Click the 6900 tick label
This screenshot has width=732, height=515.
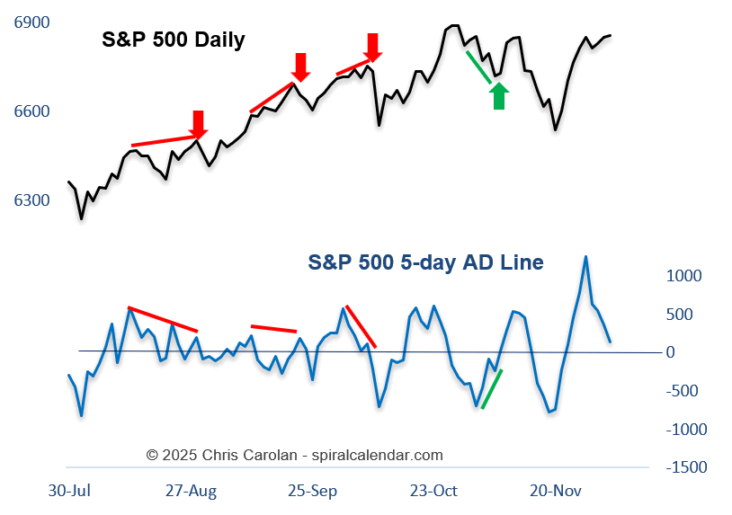coord(31,22)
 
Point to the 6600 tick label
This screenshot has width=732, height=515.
coord(31,111)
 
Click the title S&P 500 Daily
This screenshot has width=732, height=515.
coord(173,40)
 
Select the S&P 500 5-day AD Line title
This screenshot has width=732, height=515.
coord(425,262)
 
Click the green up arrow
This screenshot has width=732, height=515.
coord(500,95)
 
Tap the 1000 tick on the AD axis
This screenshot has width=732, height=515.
coord(683,277)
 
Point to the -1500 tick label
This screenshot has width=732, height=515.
coord(685,467)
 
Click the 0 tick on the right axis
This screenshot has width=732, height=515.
coord(670,352)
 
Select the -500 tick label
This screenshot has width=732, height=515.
coord(685,391)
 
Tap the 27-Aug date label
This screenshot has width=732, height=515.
coord(191,491)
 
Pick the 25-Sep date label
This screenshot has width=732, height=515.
coord(312,491)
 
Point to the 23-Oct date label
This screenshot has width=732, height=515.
coord(433,491)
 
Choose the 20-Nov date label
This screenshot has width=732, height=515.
coord(554,491)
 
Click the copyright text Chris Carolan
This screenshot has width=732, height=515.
coord(294,455)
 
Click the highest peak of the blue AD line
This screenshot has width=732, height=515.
coord(585,257)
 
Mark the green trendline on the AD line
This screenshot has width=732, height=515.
coord(491,389)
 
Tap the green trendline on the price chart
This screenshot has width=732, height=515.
coord(478,67)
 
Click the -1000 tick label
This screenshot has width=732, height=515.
coord(685,430)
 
